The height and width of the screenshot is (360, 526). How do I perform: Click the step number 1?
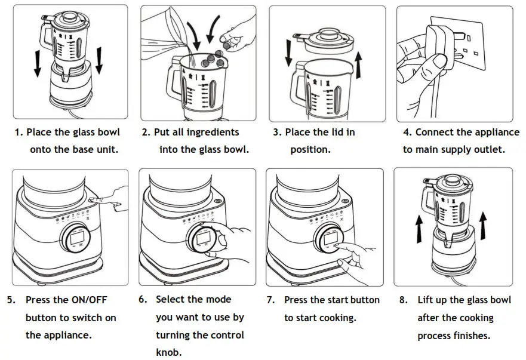tap(17, 132)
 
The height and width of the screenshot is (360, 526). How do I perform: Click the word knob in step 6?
tap(168, 352)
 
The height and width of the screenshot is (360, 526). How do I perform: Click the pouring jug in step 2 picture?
tap(162, 30)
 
